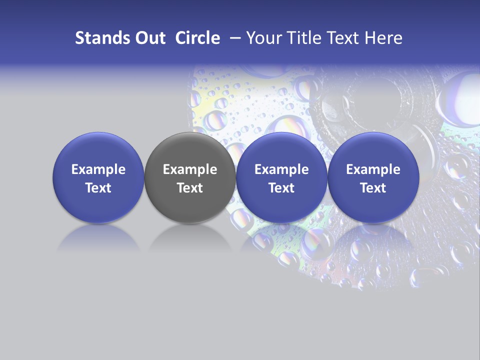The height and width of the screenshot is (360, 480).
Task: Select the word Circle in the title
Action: click(x=197, y=38)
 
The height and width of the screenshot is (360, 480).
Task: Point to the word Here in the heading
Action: click(x=383, y=38)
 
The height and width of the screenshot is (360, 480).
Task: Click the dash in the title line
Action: click(x=234, y=38)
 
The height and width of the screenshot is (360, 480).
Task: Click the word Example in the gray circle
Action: click(x=190, y=169)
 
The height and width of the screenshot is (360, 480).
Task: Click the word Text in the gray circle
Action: click(x=190, y=188)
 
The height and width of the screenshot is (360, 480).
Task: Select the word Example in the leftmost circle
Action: click(x=98, y=169)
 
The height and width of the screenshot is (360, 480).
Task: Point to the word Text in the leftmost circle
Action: click(x=98, y=188)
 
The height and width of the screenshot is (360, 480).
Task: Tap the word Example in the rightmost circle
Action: click(x=373, y=169)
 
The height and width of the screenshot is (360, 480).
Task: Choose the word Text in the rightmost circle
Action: click(x=373, y=188)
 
